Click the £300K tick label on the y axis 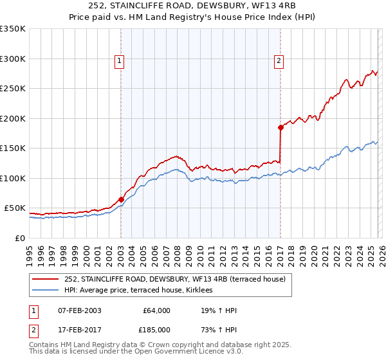click(x=12, y=59)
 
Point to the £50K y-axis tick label click(x=14, y=208)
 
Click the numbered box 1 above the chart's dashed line click(x=120, y=61)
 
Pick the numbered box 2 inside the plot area click(x=279, y=61)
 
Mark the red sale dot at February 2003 click(x=121, y=199)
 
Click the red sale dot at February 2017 click(x=280, y=127)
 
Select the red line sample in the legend click(x=45, y=279)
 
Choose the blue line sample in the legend click(x=45, y=291)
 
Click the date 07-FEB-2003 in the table click(x=79, y=310)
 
